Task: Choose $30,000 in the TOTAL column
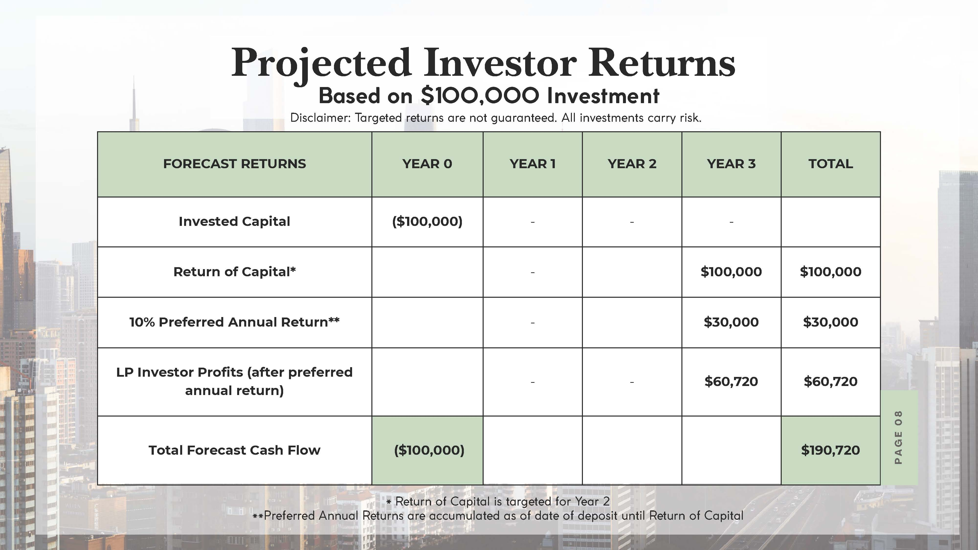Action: pos(831,322)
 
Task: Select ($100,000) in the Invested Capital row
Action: pos(427,221)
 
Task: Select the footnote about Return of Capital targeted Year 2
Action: pos(498,501)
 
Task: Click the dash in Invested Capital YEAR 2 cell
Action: pos(632,222)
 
